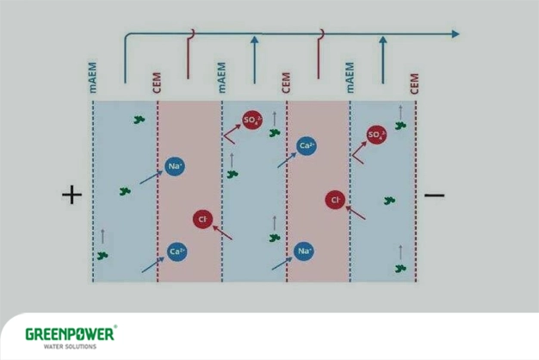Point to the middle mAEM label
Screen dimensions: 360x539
pos(222,77)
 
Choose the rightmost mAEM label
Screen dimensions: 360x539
pos(350,77)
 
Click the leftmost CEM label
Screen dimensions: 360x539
pos(156,83)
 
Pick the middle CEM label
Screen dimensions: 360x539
pos(286,83)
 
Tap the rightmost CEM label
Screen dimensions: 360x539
pos(415,83)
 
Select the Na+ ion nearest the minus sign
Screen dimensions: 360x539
pos(304,251)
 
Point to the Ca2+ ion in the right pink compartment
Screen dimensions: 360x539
pos(306,146)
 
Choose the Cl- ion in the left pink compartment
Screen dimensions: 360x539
pos(202,220)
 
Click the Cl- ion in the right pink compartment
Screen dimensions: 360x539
pos(335,200)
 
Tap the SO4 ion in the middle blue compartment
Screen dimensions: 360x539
pos(251,121)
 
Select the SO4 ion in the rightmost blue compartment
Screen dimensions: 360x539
pos(376,134)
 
